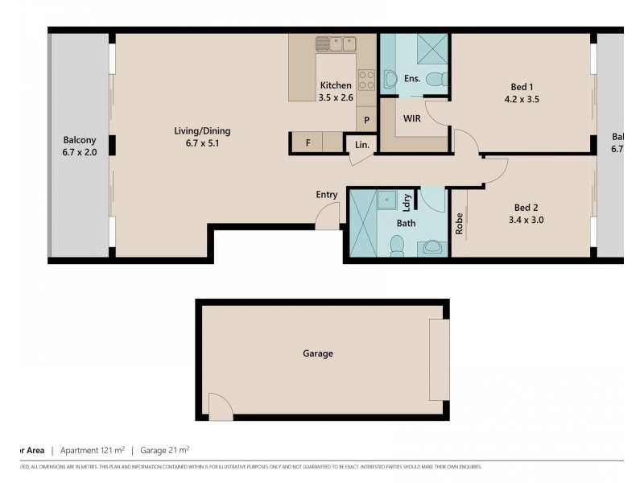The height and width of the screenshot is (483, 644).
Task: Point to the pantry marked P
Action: (x=366, y=120)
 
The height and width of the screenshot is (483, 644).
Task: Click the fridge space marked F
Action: (x=307, y=143)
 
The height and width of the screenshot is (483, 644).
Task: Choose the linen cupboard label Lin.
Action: (x=361, y=145)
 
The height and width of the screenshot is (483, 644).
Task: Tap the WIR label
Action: (x=411, y=118)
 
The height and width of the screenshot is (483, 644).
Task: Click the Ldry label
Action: (x=407, y=201)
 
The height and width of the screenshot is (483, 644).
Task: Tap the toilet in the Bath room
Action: (x=396, y=246)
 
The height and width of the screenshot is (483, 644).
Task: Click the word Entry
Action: (x=327, y=194)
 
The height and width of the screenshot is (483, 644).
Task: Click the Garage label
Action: (x=317, y=353)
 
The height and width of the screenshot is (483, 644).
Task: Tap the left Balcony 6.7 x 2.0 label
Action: (x=79, y=145)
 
